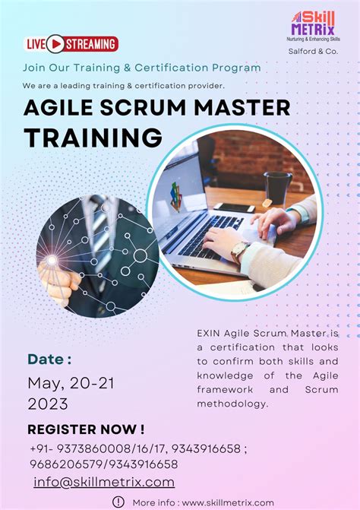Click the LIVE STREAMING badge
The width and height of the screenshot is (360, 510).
point(72,44)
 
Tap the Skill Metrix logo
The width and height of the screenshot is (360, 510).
point(312,27)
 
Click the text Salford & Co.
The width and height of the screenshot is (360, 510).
point(314,51)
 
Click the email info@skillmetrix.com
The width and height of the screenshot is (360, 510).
point(104,482)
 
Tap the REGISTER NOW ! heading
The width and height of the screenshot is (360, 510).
point(86,429)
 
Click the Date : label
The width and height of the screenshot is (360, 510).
point(49,360)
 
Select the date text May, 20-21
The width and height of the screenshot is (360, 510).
point(71,383)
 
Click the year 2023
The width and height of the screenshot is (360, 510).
point(48,404)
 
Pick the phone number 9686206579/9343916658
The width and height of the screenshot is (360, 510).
point(104,464)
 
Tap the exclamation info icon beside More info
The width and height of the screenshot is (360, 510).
point(118,502)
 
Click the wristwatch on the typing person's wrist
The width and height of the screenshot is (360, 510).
point(239,252)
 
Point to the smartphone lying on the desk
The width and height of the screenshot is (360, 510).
point(233,207)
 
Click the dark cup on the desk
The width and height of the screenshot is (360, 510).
point(277,188)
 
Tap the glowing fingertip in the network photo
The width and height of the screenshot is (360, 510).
point(52,260)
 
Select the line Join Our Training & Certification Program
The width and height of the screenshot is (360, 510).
point(141,67)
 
